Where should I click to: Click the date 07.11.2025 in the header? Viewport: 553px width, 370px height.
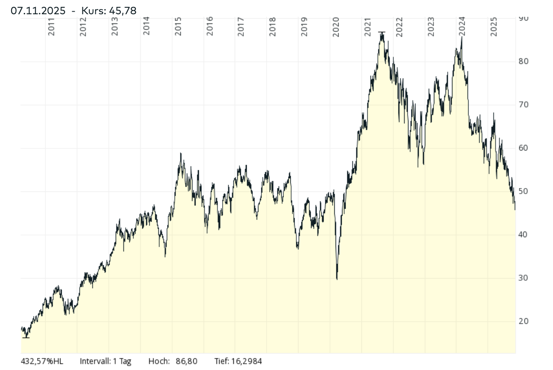(x=38, y=11)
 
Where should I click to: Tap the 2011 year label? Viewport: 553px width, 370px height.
(x=51, y=26)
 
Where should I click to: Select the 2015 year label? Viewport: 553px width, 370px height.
(x=178, y=26)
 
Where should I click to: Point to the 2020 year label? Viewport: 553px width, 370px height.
(x=336, y=26)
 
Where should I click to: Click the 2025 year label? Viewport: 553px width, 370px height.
(x=494, y=26)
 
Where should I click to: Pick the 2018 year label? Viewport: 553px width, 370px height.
(x=273, y=26)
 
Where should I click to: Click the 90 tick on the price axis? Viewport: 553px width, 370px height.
(x=524, y=18)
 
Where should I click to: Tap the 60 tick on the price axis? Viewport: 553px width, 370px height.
(x=524, y=148)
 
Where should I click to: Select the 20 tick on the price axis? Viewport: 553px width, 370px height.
(x=524, y=321)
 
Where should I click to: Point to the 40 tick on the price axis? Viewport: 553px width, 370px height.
(x=524, y=235)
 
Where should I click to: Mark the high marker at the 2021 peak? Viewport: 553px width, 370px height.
(x=381, y=32)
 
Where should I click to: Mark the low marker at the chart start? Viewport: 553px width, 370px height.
(x=26, y=337)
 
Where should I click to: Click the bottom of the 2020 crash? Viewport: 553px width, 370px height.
(x=337, y=279)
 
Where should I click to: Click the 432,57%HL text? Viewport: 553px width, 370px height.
(x=42, y=361)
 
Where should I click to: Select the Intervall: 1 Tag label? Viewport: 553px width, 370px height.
(x=106, y=361)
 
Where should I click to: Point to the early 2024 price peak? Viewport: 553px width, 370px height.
(x=462, y=37)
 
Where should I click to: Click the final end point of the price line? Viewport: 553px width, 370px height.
(x=515, y=210)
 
